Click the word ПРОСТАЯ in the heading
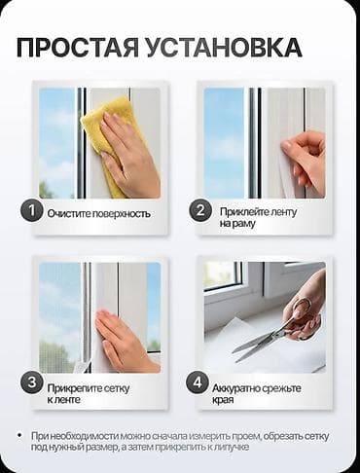pos(78,47)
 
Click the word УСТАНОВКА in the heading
pos(224,47)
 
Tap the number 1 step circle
pos(32,211)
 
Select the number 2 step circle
pos(200,211)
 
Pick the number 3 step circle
pos(32,382)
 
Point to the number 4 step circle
pos(198,382)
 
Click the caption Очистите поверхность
pos(99,214)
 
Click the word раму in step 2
pos(242,224)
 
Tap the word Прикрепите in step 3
pos(75,388)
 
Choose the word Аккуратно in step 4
pos(235,388)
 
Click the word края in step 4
pos(223,399)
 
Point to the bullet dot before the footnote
pos(20,435)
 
